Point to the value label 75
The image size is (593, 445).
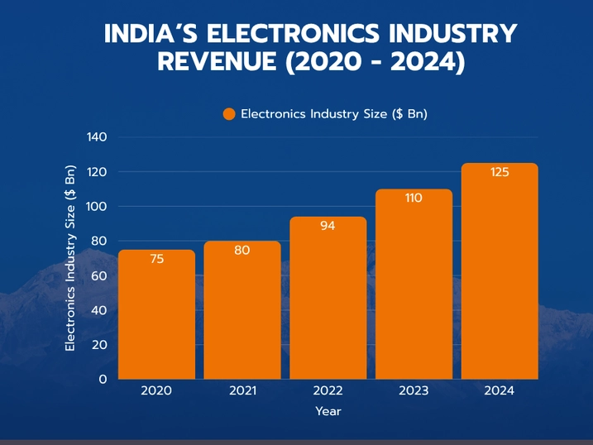(x=157, y=259)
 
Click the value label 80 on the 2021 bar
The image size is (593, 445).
(x=242, y=250)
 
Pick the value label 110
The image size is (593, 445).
(x=414, y=198)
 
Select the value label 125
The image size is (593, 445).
(x=500, y=172)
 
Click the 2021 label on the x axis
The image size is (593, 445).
(x=242, y=390)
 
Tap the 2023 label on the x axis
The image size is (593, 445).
(x=414, y=390)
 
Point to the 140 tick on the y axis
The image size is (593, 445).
(x=97, y=136)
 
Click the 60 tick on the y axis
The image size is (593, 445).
(x=100, y=275)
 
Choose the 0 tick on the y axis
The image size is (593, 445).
(x=103, y=379)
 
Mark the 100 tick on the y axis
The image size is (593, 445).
(x=97, y=206)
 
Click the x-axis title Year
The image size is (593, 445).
(x=328, y=411)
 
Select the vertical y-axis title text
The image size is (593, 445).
(x=70, y=258)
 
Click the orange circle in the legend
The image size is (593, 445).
(x=229, y=114)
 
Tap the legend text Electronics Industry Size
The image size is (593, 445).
(x=333, y=114)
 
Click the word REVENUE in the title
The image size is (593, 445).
(x=217, y=62)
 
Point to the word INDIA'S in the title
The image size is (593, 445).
(x=150, y=34)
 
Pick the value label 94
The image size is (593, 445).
(x=328, y=225)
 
